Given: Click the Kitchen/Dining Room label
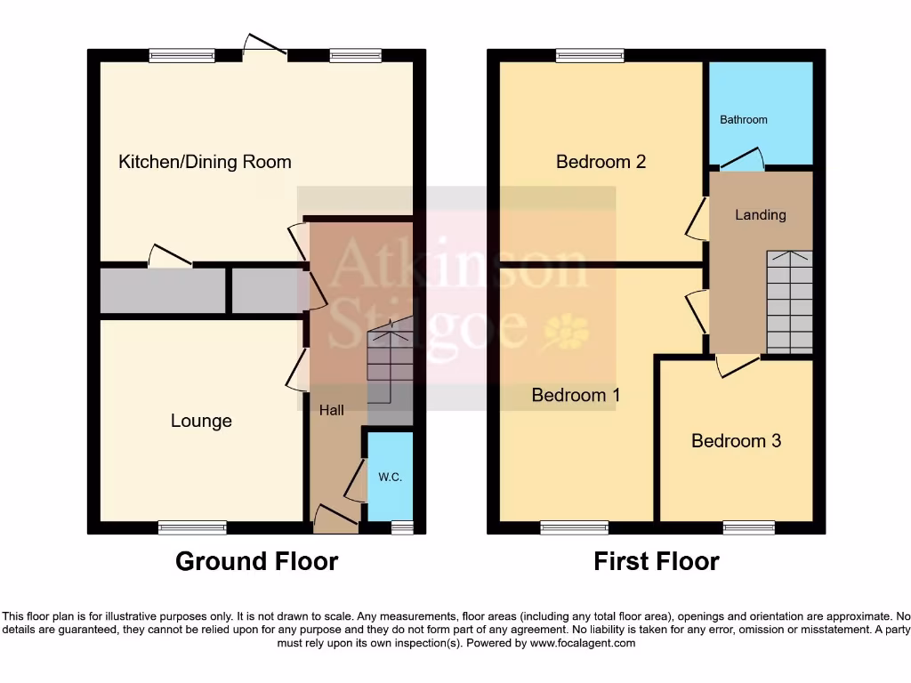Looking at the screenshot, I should coord(205,162).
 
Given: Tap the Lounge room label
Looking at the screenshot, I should coord(201,421).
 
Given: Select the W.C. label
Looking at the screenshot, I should coord(391,478).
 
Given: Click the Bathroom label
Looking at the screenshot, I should coord(743,119).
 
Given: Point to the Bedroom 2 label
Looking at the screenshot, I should coord(601,162).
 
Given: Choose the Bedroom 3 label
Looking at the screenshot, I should coord(736,441).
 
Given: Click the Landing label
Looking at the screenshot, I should coord(761,214).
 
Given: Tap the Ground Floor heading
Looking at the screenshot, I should coord(256,562).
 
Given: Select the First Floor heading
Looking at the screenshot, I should coord(657,562).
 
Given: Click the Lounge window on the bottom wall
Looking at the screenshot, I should coord(192,527).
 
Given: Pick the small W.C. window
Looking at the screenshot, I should coord(402,527).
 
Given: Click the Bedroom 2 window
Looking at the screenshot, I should coord(590,55).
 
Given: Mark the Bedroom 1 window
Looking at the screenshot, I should coord(574,527).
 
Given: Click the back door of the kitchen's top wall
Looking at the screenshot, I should coord(265,49).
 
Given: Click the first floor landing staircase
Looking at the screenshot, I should coord(789,302).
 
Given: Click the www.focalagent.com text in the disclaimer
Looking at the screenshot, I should coord(584,643).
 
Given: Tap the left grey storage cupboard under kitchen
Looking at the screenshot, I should coord(162,292).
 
